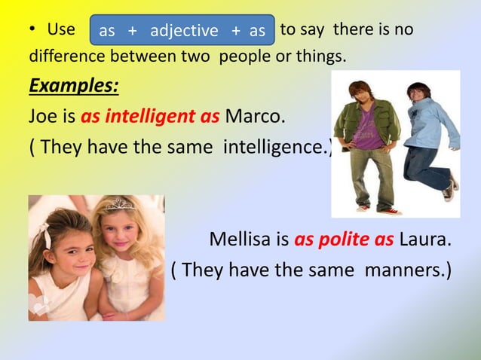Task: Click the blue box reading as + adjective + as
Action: point(182,31)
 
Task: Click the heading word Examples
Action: point(73,85)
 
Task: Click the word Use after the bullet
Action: point(61,30)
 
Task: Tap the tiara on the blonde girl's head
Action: point(118,203)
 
